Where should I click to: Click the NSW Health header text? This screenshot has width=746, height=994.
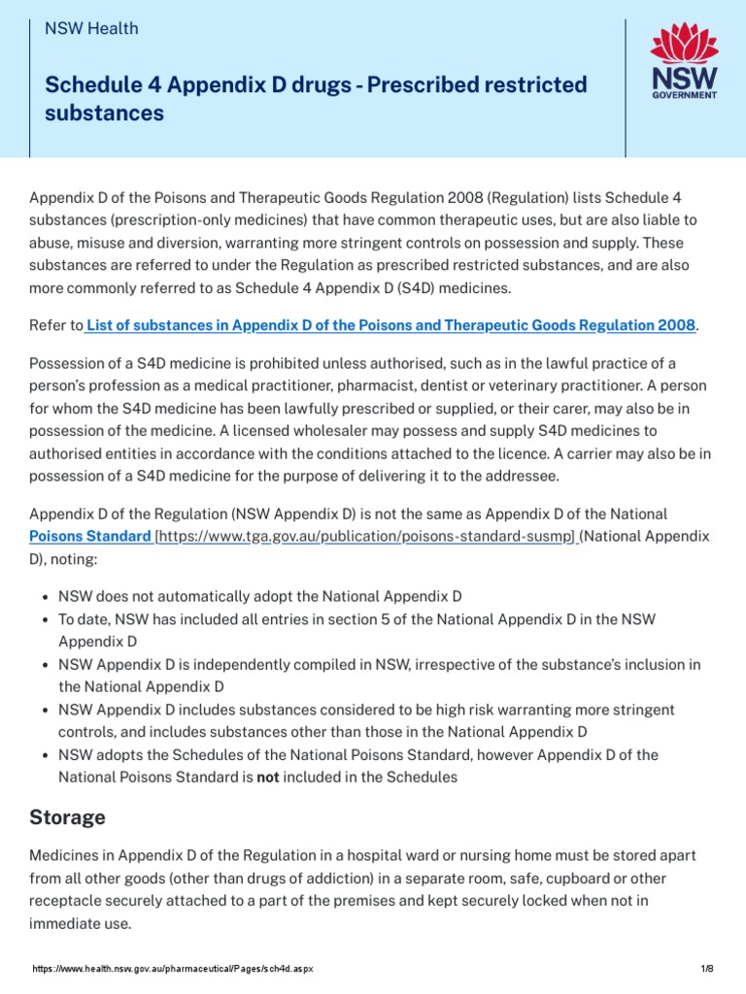click(91, 29)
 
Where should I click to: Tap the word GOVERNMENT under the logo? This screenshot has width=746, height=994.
click(684, 96)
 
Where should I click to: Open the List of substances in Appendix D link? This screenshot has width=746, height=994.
click(390, 325)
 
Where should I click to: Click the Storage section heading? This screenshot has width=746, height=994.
click(67, 817)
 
